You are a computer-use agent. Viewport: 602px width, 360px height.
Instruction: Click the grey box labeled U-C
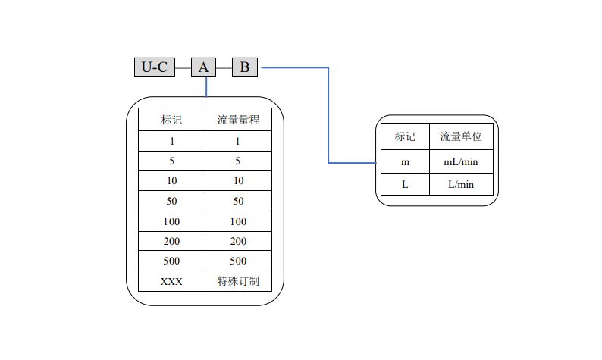click(x=155, y=67)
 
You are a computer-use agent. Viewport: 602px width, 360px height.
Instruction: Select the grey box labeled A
click(x=203, y=67)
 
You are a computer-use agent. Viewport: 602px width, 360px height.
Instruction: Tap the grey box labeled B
click(x=245, y=67)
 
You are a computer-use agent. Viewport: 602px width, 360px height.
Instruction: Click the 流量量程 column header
click(x=238, y=119)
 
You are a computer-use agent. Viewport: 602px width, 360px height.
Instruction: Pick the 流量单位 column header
click(x=461, y=136)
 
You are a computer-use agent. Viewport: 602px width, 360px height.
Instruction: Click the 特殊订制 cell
click(x=238, y=281)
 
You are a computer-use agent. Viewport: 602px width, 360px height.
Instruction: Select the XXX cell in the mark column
click(x=171, y=281)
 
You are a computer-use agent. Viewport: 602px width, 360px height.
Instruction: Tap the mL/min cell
click(x=461, y=161)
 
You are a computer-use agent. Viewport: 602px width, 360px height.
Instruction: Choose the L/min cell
click(x=461, y=184)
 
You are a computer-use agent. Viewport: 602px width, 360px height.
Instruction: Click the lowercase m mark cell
click(x=405, y=161)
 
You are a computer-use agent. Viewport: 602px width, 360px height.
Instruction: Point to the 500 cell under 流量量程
click(x=238, y=261)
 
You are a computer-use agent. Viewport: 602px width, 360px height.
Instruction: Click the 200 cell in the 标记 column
click(x=171, y=241)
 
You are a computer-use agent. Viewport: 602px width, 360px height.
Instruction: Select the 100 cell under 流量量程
click(x=238, y=221)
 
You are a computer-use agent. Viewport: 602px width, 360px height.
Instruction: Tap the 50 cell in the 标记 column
click(x=171, y=201)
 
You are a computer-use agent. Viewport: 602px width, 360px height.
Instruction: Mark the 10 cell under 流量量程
click(x=238, y=180)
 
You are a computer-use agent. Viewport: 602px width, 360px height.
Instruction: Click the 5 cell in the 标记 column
click(x=171, y=161)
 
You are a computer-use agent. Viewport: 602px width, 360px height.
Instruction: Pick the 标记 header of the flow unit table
click(x=405, y=136)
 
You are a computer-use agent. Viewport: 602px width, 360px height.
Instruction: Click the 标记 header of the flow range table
click(x=171, y=119)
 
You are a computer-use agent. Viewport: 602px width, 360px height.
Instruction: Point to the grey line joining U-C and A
click(x=183, y=68)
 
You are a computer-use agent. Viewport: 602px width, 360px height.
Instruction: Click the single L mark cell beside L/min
click(x=405, y=184)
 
